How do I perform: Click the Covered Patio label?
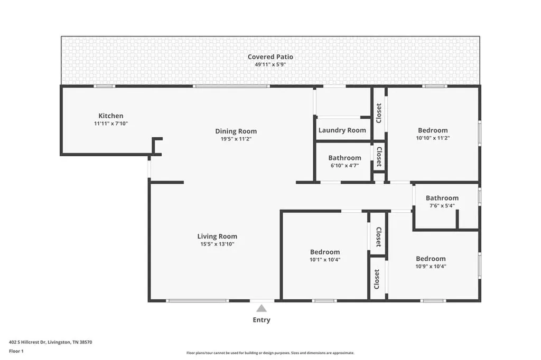tap(270, 57)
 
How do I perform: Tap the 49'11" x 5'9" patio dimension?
tap(270, 64)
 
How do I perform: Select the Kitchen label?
tap(111, 116)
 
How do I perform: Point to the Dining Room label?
tap(236, 131)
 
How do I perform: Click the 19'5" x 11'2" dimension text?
tap(236, 139)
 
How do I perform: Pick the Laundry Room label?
tap(342, 130)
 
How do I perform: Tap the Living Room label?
tap(217, 236)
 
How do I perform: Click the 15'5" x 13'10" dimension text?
tap(217, 244)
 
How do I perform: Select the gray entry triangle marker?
tap(262, 308)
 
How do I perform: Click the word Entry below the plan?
tap(262, 320)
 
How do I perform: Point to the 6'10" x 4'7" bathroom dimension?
tap(344, 166)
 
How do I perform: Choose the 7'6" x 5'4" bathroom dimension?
tap(442, 205)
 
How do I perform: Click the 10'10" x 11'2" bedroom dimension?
tap(433, 138)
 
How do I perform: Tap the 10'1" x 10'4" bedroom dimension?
tap(325, 260)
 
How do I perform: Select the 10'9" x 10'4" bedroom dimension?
tap(431, 266)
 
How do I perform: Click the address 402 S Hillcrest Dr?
tap(27, 343)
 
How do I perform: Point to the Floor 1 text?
tap(16, 352)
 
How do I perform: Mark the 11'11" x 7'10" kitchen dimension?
tap(111, 124)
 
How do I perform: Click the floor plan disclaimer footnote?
tap(270, 353)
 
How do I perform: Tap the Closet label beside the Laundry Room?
tap(379, 113)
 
